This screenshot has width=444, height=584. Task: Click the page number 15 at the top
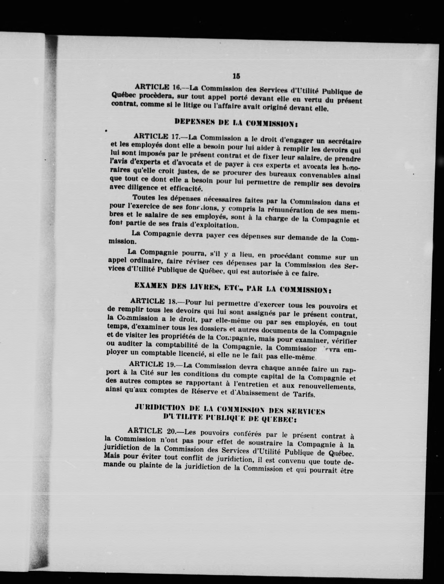pyautogui.click(x=236, y=76)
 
